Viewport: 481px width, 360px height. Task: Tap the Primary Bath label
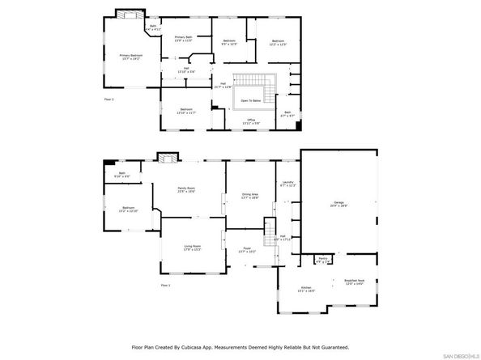pos(183,39)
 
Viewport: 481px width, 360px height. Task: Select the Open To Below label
pos(250,100)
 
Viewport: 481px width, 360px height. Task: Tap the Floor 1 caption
pos(166,286)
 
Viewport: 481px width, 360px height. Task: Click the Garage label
pos(339,204)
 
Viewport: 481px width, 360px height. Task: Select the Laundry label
pos(287,184)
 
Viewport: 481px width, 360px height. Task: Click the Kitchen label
pos(307,289)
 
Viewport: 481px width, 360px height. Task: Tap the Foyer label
pos(247,251)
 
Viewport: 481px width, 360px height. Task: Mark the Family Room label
pos(187,190)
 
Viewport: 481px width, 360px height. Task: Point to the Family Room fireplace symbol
pos(166,159)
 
